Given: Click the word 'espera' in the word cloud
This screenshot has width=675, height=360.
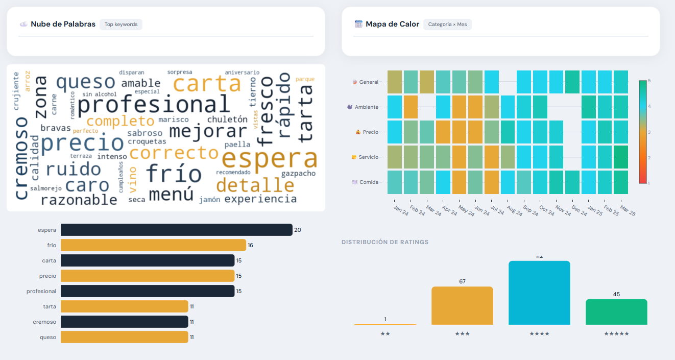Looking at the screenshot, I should point(269,160).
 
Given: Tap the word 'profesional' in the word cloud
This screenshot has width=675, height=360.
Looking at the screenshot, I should point(154,105).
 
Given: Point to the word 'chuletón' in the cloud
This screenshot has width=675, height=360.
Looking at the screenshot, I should point(227,119).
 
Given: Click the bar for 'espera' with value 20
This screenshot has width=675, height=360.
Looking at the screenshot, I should point(176,230).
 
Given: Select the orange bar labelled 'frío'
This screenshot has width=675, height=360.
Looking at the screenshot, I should point(153,245).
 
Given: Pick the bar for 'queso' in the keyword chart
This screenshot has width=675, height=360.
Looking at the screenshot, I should point(124,337).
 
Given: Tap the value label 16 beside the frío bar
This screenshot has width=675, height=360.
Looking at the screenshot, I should point(250,245).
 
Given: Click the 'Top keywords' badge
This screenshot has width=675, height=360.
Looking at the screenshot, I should point(121,24).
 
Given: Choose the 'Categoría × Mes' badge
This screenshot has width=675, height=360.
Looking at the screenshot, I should point(447,24).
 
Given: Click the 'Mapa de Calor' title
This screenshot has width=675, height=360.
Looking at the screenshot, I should point(392,24).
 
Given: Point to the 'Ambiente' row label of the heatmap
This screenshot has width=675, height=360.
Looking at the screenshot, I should point(367,107).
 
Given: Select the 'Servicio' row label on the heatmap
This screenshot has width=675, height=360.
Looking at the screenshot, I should point(368,157).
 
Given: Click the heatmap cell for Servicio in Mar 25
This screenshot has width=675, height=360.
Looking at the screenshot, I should point(621,157).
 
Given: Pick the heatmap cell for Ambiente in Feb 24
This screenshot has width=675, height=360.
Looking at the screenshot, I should point(411,107).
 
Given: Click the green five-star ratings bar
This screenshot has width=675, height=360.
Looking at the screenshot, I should point(616,312).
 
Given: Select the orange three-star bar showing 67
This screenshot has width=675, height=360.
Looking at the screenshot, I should point(462,306).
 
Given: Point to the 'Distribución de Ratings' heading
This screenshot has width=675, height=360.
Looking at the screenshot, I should point(385,242).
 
